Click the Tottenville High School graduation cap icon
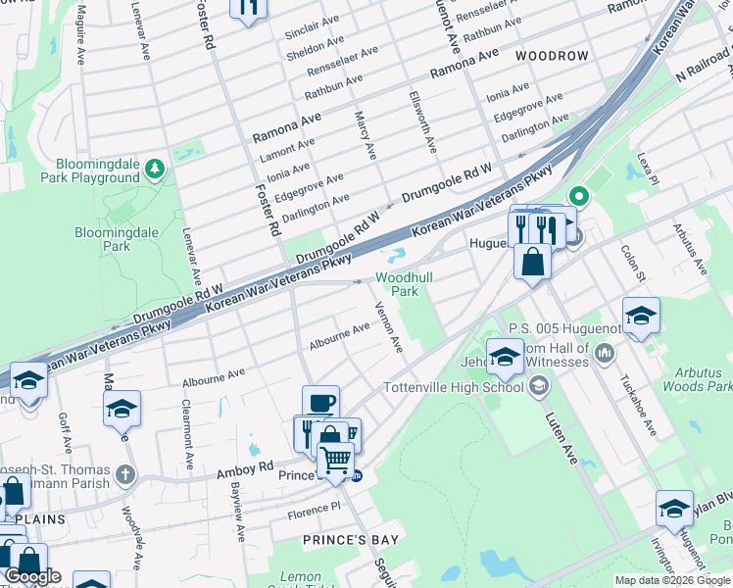[537, 387]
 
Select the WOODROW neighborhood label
[552, 56]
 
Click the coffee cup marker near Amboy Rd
[320, 403]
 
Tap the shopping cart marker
[335, 459]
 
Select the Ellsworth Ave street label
[428, 122]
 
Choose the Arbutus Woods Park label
[704, 379]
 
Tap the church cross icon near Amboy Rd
[124, 475]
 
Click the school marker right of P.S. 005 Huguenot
[641, 316]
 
